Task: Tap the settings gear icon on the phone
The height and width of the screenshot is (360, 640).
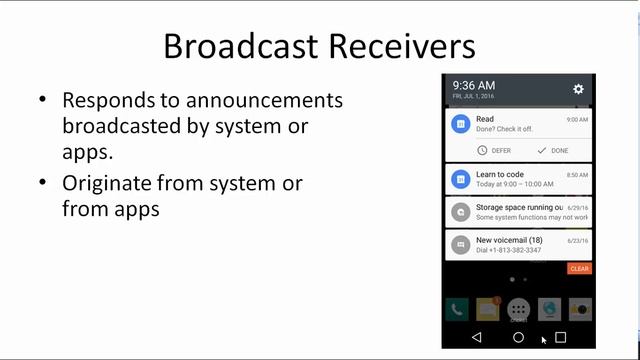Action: click(578, 89)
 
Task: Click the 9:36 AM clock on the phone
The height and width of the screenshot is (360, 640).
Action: click(473, 86)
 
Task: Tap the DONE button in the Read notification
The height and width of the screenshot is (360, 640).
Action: click(552, 150)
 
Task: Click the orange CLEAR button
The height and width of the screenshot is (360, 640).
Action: click(579, 269)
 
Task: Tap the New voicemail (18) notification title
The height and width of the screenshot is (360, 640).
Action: click(510, 239)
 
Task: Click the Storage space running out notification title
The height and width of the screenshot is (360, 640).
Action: click(518, 207)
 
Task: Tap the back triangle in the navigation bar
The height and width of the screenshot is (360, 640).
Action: click(476, 338)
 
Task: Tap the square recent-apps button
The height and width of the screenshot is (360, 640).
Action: click(560, 338)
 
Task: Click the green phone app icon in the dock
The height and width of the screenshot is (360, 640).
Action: click(459, 309)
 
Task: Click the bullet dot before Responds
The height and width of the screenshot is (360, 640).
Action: click(42, 101)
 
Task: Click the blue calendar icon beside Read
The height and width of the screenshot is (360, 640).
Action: click(460, 124)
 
